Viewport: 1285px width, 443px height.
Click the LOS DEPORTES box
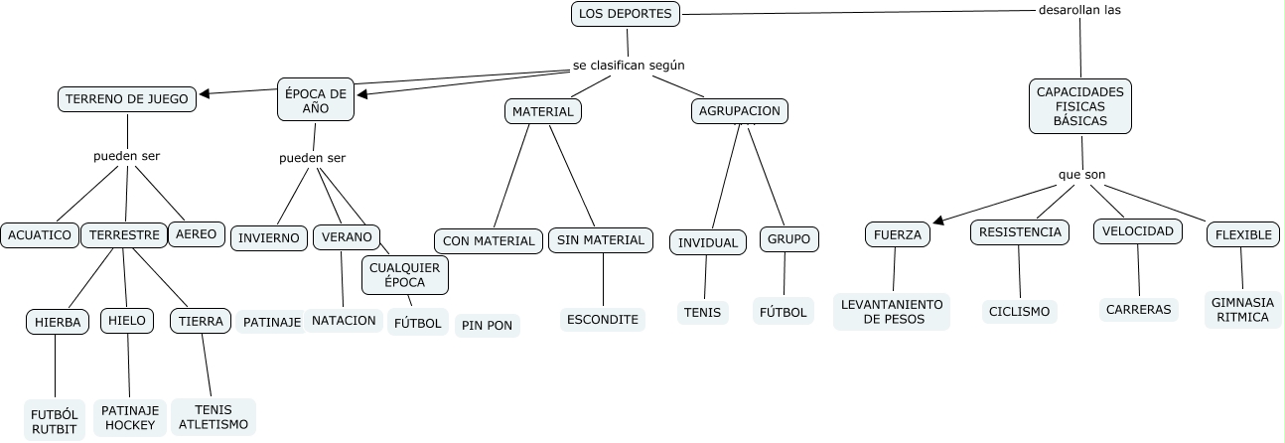pyautogui.click(x=627, y=14)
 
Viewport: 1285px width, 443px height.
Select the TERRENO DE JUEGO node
pyautogui.click(x=128, y=98)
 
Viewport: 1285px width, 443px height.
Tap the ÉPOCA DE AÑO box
pyautogui.click(x=316, y=101)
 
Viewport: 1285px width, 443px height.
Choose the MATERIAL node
pyautogui.click(x=543, y=111)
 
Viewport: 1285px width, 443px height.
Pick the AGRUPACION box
pyautogui.click(x=739, y=111)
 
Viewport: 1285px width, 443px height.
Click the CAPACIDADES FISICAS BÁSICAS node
pyautogui.click(x=1079, y=105)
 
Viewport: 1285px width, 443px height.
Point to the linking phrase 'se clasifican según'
pyautogui.click(x=629, y=66)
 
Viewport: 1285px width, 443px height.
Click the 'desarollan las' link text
pyautogui.click(x=1079, y=11)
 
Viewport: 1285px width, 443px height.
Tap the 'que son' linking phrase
pyautogui.click(x=1081, y=175)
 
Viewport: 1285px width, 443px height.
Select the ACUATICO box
pyautogui.click(x=40, y=235)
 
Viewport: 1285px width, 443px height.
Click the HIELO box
pyautogui.click(x=127, y=321)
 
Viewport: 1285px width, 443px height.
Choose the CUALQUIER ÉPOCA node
pyautogui.click(x=404, y=274)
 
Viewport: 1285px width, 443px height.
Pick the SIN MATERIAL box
pyautogui.click(x=601, y=239)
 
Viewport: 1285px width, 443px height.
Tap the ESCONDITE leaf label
pyautogui.click(x=602, y=320)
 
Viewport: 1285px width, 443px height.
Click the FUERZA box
pyautogui.click(x=898, y=235)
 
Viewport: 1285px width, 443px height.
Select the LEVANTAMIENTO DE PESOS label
pyautogui.click(x=891, y=312)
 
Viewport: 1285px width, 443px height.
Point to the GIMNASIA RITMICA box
pyautogui.click(x=1242, y=309)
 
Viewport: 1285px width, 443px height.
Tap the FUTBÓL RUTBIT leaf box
pyautogui.click(x=55, y=421)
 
